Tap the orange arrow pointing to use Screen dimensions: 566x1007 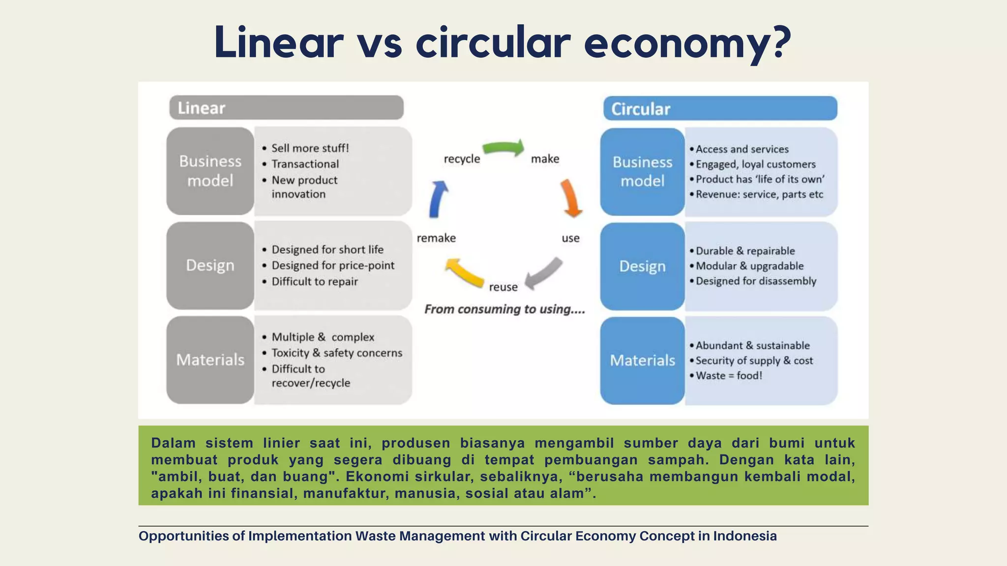pos(571,198)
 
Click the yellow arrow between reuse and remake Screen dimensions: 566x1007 pos(464,273)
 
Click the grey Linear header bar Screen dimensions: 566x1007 pos(286,108)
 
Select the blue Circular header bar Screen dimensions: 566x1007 pos(720,109)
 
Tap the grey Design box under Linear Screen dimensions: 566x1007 pos(210,265)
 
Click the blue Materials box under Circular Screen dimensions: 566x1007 pos(642,361)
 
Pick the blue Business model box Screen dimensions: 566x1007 pos(642,171)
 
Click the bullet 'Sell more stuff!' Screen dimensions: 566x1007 pos(310,148)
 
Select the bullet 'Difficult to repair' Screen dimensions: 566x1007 pos(315,282)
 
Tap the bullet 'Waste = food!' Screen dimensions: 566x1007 pos(729,376)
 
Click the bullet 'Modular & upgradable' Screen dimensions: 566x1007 pos(749,266)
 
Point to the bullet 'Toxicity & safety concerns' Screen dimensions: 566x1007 pos(337,353)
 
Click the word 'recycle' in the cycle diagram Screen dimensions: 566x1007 pos(462,159)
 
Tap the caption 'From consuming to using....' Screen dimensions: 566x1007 pos(504,309)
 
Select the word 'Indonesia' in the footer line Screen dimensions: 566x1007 pos(744,536)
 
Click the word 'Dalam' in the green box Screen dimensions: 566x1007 pos(173,443)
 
